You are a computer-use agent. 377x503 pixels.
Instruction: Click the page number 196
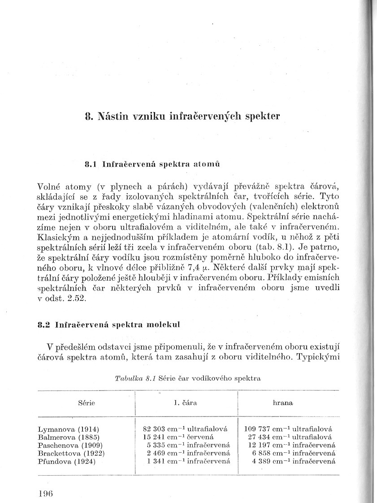click(46, 494)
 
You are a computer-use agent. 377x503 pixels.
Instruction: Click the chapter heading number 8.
click(88, 117)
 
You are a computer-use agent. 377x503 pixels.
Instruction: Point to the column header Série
click(87, 403)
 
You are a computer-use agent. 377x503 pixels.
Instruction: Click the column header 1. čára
click(185, 403)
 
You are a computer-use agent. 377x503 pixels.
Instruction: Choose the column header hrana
click(283, 403)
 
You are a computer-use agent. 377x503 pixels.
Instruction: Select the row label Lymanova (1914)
click(69, 429)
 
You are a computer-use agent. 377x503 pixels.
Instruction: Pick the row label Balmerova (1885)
click(69, 437)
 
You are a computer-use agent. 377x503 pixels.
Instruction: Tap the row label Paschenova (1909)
click(70, 445)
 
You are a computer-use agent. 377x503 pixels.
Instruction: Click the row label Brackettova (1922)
click(71, 453)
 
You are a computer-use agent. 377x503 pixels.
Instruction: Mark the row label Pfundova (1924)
click(67, 461)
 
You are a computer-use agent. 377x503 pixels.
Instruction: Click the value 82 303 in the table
click(152, 429)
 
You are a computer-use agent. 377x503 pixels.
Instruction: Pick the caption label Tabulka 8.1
click(135, 378)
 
